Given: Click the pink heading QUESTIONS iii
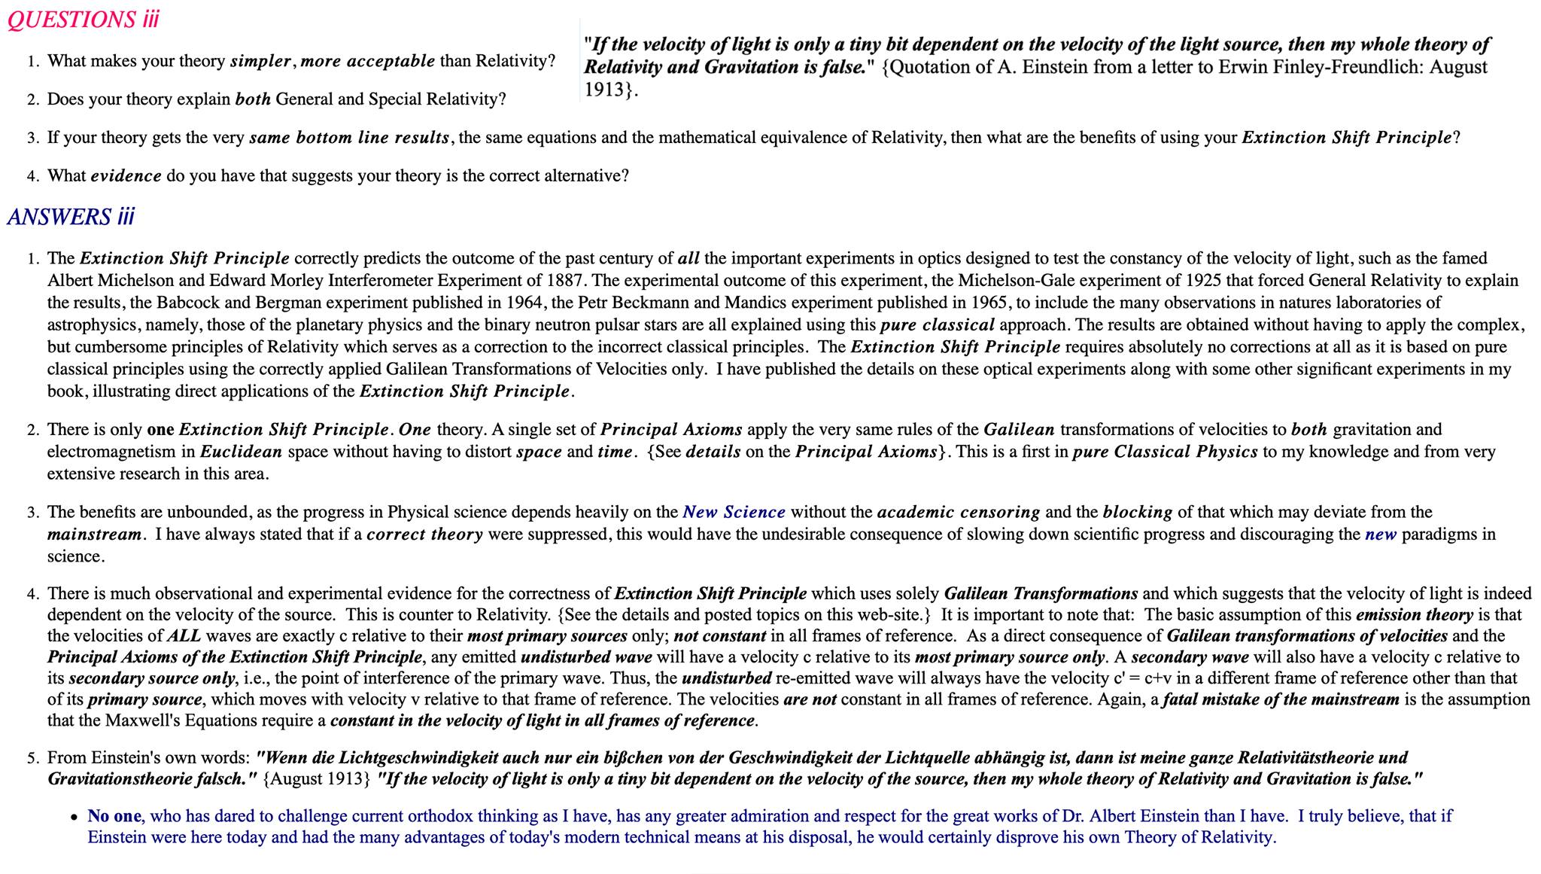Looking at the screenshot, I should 83,20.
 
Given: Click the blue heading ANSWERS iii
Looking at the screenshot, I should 71,217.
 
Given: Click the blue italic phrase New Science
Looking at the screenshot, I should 734,513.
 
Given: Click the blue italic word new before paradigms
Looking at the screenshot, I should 1380,534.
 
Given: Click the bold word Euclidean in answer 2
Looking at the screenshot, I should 241,452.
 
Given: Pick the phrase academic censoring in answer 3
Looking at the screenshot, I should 958,513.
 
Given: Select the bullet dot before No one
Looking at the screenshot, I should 74,817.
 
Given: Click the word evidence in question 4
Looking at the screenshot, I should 126,176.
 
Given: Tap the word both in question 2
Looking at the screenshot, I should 253,99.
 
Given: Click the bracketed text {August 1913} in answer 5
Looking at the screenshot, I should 317,779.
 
